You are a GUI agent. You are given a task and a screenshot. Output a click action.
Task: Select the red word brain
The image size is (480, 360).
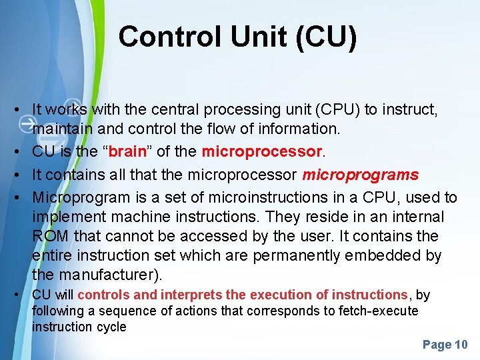(x=127, y=152)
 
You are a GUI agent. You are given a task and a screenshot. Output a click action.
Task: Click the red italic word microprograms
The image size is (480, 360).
(x=361, y=175)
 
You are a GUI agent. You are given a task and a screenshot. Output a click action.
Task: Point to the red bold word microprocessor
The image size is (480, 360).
(x=261, y=152)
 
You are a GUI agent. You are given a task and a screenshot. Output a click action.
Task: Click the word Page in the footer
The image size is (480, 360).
(x=437, y=345)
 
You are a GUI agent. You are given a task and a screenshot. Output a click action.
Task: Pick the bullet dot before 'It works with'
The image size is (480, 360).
(x=23, y=109)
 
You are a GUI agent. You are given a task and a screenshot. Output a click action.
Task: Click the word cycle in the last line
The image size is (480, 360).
(x=111, y=327)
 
